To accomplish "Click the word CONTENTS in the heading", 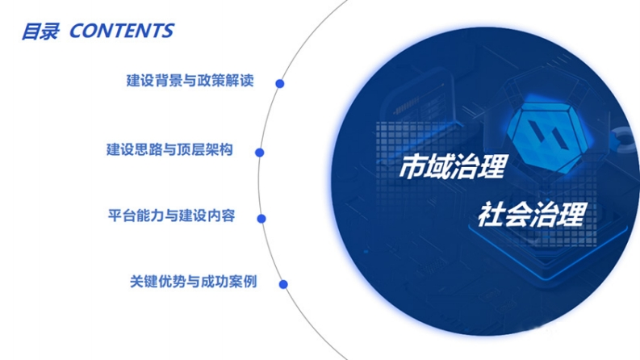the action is click(122, 31).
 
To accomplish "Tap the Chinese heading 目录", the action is click(40, 31).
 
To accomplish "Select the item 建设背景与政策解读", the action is click(190, 81).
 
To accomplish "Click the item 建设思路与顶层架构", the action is click(169, 150).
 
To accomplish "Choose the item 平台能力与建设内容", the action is click(171, 216).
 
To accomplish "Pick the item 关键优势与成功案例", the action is click(193, 282).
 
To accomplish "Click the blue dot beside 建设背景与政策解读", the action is click(279, 84).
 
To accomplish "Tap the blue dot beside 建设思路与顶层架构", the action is click(259, 153).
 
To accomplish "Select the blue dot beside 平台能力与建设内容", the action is click(261, 219).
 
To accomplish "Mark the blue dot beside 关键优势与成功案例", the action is click(282, 284).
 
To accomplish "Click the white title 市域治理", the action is click(453, 166).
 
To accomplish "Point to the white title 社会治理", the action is click(532, 214).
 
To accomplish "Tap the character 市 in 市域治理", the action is click(412, 166).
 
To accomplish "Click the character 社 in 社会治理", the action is click(492, 214).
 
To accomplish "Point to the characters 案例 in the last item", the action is click(243, 282).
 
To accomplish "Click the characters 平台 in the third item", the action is click(122, 216).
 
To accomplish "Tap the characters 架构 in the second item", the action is click(220, 150).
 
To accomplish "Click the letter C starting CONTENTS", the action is click(77, 31).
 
